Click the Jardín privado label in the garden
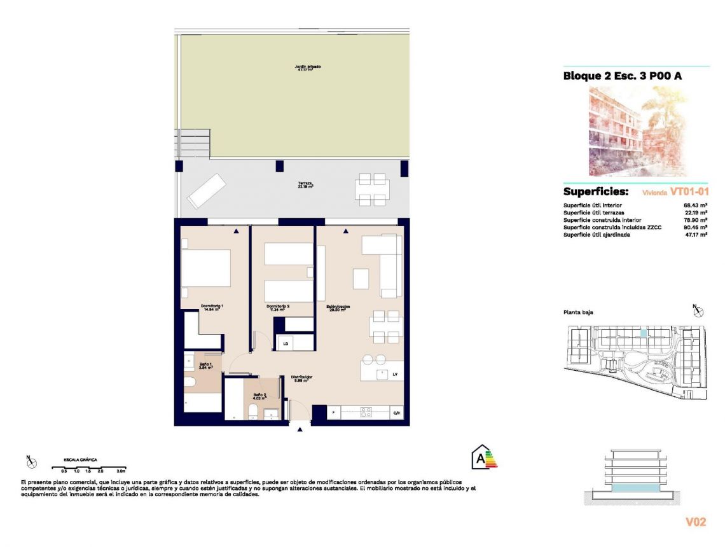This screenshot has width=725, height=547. (307, 68)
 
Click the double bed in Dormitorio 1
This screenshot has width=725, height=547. (205, 268)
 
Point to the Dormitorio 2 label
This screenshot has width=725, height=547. (278, 308)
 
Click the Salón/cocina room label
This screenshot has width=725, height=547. (339, 308)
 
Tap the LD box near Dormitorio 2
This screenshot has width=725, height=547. (286, 343)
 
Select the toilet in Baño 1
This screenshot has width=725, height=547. (190, 383)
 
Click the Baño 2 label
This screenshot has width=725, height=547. (259, 396)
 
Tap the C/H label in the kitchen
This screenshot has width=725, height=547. (397, 413)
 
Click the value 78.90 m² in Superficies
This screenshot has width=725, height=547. (696, 220)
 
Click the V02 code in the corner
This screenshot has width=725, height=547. (696, 522)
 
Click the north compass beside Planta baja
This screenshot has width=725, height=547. (698, 310)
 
